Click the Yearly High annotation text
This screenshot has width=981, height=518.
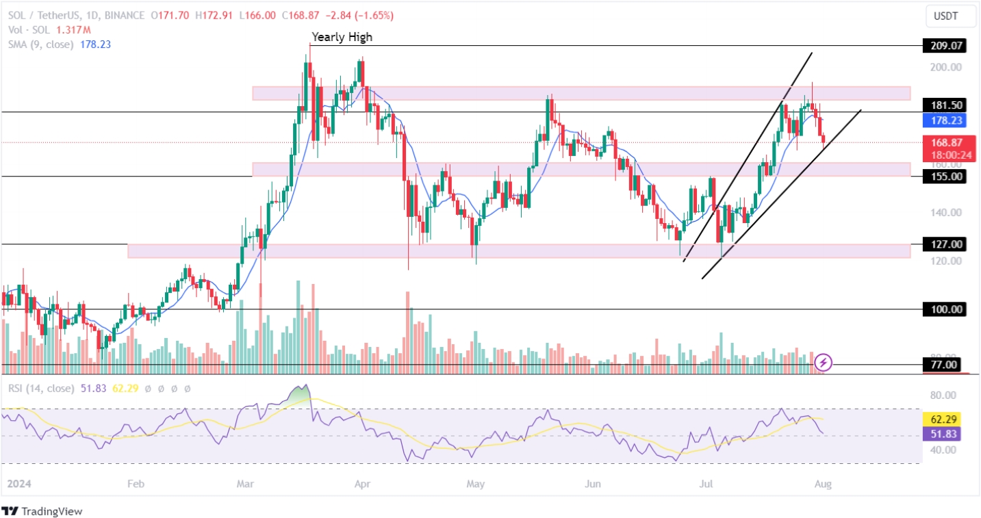342,37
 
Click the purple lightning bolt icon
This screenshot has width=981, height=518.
824,362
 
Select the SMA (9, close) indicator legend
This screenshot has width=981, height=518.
40,44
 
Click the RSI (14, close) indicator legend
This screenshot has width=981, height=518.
41,388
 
